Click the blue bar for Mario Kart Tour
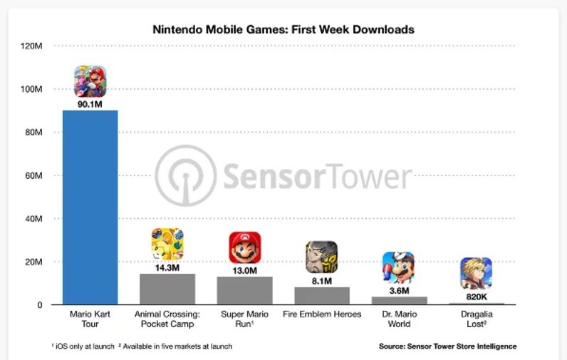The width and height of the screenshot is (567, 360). click(90, 207)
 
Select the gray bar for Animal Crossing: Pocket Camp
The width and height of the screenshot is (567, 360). click(167, 289)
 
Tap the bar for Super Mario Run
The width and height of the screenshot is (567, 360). click(245, 291)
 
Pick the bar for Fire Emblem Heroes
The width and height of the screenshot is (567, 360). click(322, 296)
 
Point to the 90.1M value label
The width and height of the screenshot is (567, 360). click(90, 104)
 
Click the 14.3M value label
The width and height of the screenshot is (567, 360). click(167, 267)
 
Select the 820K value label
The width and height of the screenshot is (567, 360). click(476, 296)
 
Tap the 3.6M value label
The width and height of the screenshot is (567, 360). click(398, 290)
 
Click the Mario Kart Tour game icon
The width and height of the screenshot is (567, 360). click(90, 81)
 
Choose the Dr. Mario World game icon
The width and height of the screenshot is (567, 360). click(398, 267)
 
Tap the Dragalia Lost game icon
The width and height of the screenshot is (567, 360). click(476, 273)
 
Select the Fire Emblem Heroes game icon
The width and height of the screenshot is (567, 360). click(322, 257)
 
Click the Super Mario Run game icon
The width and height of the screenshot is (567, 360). click(245, 247)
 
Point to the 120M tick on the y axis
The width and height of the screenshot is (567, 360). click(32, 46)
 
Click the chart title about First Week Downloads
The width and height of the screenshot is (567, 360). click(283, 30)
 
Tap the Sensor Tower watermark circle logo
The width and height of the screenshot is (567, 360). click(185, 176)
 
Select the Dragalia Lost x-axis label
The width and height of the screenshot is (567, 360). click(476, 319)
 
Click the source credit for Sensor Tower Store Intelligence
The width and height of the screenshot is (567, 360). click(448, 346)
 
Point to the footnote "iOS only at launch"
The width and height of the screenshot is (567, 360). click(83, 346)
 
